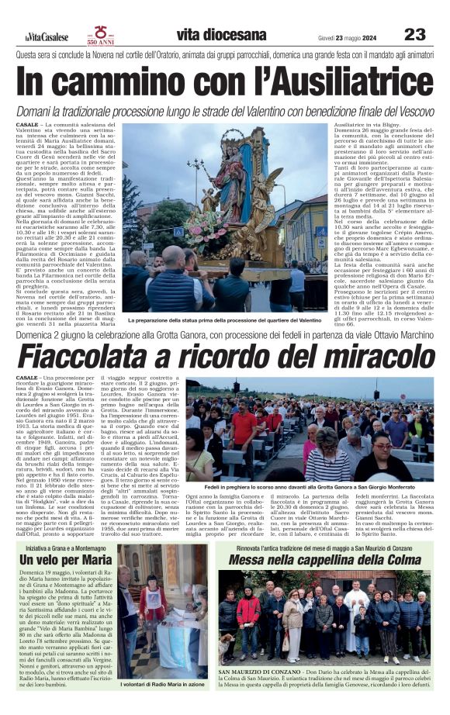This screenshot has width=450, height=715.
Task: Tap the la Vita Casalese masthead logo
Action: [x=46, y=36]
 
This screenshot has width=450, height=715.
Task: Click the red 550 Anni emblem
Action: [x=101, y=35]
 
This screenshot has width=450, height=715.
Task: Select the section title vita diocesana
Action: [x=210, y=35]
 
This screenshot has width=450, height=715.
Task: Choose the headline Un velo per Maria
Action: [x=66, y=559]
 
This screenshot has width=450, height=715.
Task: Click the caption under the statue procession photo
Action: [x=224, y=320]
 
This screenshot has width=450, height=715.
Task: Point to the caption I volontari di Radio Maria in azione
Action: [x=162, y=686]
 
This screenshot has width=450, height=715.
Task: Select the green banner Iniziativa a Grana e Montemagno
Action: [x=66, y=546]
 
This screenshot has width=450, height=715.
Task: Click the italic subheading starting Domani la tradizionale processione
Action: [x=225, y=110]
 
